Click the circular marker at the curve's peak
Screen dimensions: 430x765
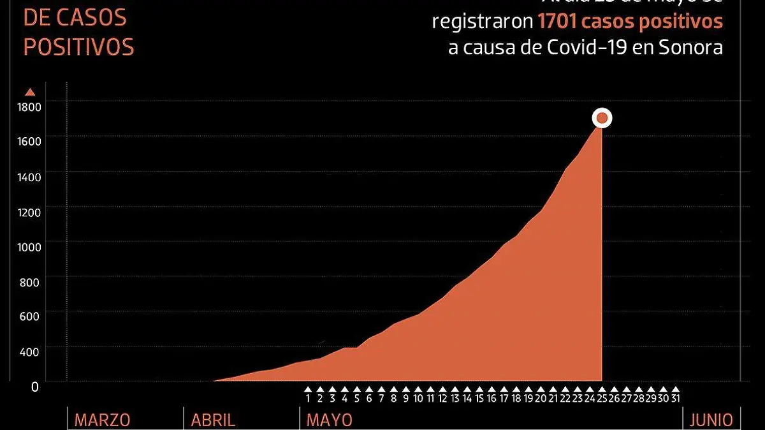click(x=602, y=118)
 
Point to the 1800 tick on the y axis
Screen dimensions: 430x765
click(x=29, y=107)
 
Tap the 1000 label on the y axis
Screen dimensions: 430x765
click(x=29, y=247)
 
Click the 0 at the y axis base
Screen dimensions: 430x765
click(x=36, y=387)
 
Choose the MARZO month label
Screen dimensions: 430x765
click(x=102, y=420)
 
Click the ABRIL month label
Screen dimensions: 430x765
click(x=213, y=420)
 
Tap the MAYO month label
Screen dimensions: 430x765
click(x=329, y=420)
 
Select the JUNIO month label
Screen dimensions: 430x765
click(x=711, y=420)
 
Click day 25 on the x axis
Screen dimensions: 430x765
click(x=602, y=398)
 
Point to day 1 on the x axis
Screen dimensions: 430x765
click(x=308, y=398)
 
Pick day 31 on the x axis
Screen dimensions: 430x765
click(x=675, y=398)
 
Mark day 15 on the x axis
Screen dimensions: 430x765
click(x=479, y=398)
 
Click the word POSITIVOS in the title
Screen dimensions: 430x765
click(x=79, y=48)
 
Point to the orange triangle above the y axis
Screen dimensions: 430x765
click(x=30, y=92)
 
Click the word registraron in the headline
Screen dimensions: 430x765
click(x=483, y=22)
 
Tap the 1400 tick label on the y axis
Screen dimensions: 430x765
click(x=29, y=177)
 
